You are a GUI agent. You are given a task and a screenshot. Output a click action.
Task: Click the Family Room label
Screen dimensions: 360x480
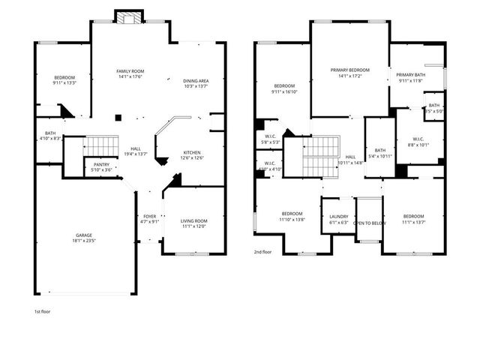point(129,71)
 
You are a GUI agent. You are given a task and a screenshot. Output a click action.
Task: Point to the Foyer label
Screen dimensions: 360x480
point(149,216)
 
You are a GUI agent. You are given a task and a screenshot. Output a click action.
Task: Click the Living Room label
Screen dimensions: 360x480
point(194,220)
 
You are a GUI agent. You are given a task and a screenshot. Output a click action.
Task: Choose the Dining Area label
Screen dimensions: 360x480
point(196,81)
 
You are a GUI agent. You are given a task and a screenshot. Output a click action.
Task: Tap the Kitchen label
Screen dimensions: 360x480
point(192,153)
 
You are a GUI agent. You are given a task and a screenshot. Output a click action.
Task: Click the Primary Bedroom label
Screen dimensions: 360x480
point(349,70)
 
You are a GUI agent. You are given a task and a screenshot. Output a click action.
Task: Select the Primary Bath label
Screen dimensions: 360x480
point(411,74)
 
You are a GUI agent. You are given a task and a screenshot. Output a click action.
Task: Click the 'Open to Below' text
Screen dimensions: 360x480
point(370,223)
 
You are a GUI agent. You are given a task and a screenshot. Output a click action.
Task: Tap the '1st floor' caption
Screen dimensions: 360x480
point(42,310)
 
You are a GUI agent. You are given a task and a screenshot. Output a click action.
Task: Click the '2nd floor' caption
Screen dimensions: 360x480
point(262,253)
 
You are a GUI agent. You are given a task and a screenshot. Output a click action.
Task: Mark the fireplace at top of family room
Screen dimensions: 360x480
point(126,17)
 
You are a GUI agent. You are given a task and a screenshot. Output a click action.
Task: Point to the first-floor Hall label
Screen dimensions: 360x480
point(135,148)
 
